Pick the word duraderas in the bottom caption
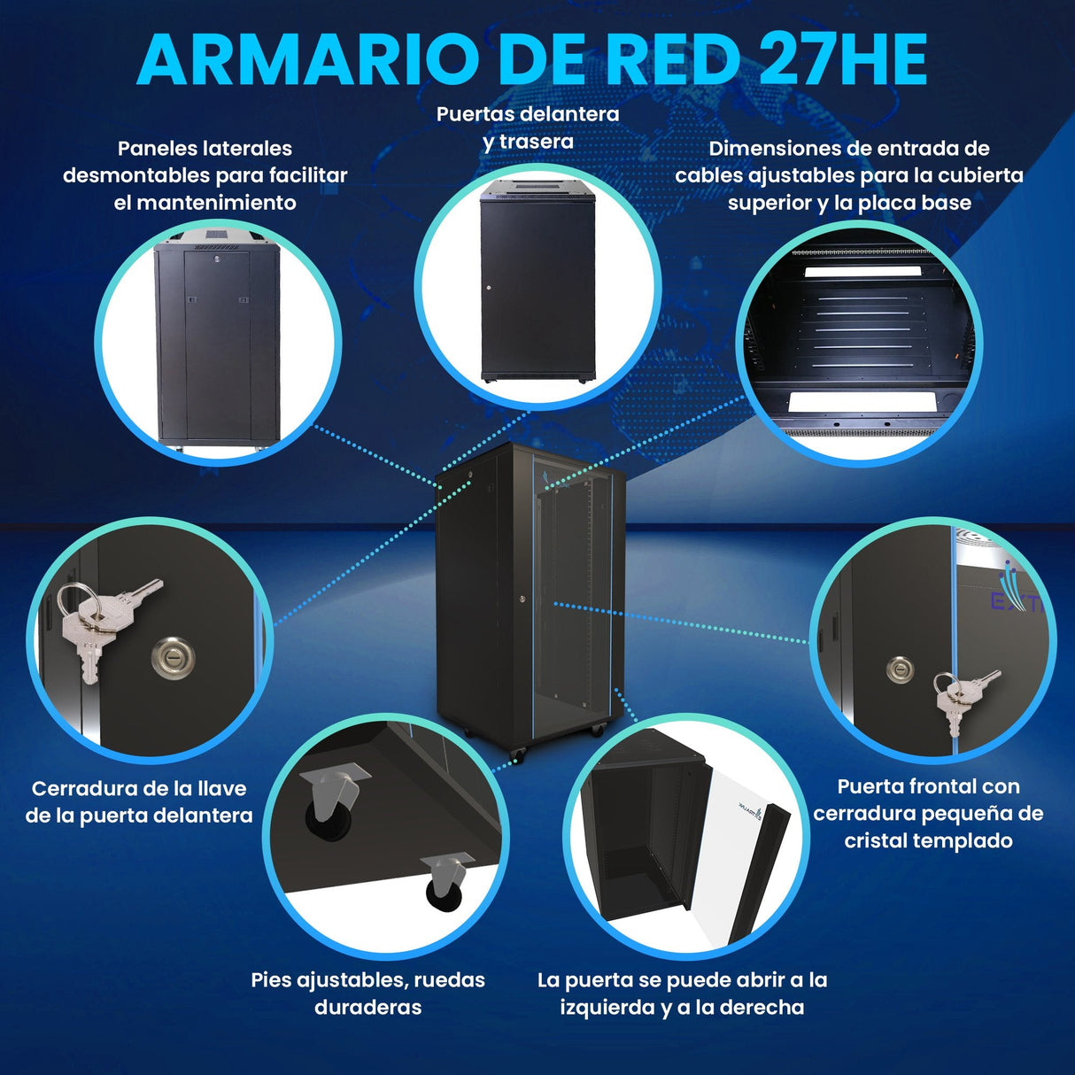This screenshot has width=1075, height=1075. click(367, 1007)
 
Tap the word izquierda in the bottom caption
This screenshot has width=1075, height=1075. click(606, 1007)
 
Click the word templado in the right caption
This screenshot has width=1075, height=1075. click(968, 840)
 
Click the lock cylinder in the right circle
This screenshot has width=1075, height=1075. click(900, 670)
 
